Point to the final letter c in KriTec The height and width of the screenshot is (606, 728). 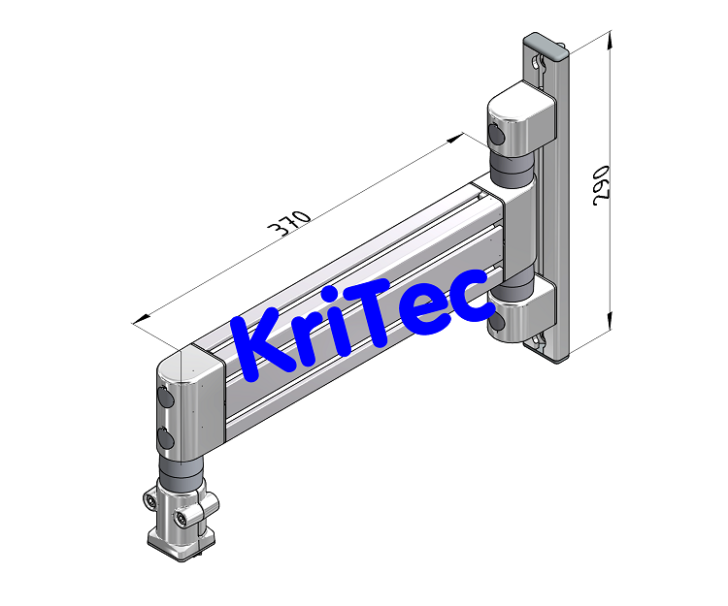point(471,297)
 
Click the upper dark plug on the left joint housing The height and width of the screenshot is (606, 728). point(164,399)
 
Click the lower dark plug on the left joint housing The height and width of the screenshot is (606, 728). point(165,439)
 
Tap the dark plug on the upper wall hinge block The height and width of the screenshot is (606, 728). point(497,136)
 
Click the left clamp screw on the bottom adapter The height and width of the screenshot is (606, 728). point(151,500)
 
